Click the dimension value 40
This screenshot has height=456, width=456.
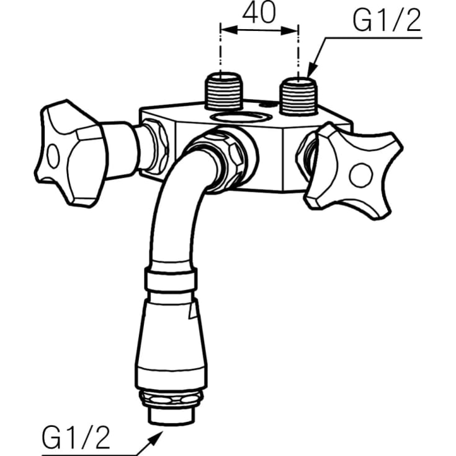point(259,14)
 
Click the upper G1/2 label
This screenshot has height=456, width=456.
point(387,21)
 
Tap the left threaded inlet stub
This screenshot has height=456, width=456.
point(224,91)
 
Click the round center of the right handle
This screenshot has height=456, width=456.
point(360,176)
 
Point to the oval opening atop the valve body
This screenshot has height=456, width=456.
point(240,117)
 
